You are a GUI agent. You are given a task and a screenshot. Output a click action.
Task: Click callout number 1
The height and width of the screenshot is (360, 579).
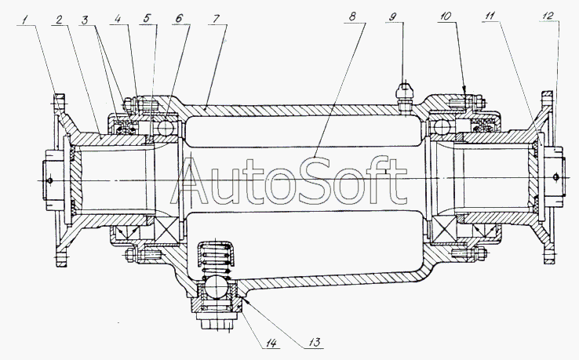tap(25, 20)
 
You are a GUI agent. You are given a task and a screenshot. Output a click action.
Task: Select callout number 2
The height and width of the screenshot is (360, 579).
tap(59, 20)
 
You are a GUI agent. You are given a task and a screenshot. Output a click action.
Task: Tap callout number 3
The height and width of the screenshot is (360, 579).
tap(86, 20)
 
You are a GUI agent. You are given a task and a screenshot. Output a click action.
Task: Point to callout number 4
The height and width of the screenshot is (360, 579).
tap(118, 19)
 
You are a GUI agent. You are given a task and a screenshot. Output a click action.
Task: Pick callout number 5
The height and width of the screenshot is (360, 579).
tap(147, 18)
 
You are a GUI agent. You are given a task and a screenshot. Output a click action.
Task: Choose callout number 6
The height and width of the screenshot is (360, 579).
tap(179, 18)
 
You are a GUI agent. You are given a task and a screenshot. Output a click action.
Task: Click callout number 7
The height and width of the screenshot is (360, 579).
tap(216, 19)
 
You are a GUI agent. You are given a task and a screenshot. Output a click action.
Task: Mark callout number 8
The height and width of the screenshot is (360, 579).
tap(352, 16)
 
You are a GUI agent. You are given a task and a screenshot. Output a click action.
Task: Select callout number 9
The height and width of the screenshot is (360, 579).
tap(392, 16)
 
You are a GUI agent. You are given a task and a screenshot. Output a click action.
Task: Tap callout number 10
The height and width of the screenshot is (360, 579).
tap(446, 16)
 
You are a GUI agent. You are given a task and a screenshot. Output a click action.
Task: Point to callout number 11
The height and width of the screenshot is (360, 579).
tap(490, 16)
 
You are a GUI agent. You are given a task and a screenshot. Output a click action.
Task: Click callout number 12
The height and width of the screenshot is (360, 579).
tap(548, 16)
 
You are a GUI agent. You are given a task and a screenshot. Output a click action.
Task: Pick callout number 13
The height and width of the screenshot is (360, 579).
tap(315, 342)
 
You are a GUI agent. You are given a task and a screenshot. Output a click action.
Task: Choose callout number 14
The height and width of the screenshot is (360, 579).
tap(271, 344)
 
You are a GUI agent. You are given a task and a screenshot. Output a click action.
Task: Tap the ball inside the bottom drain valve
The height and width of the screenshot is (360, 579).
tap(216, 287)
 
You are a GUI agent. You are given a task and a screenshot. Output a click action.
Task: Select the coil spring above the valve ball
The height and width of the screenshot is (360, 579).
tap(216, 259)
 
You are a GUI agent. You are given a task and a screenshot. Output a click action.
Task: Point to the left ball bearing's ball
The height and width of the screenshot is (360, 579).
tap(166, 128)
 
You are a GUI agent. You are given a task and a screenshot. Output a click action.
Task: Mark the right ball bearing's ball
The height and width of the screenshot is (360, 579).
tap(441, 128)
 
